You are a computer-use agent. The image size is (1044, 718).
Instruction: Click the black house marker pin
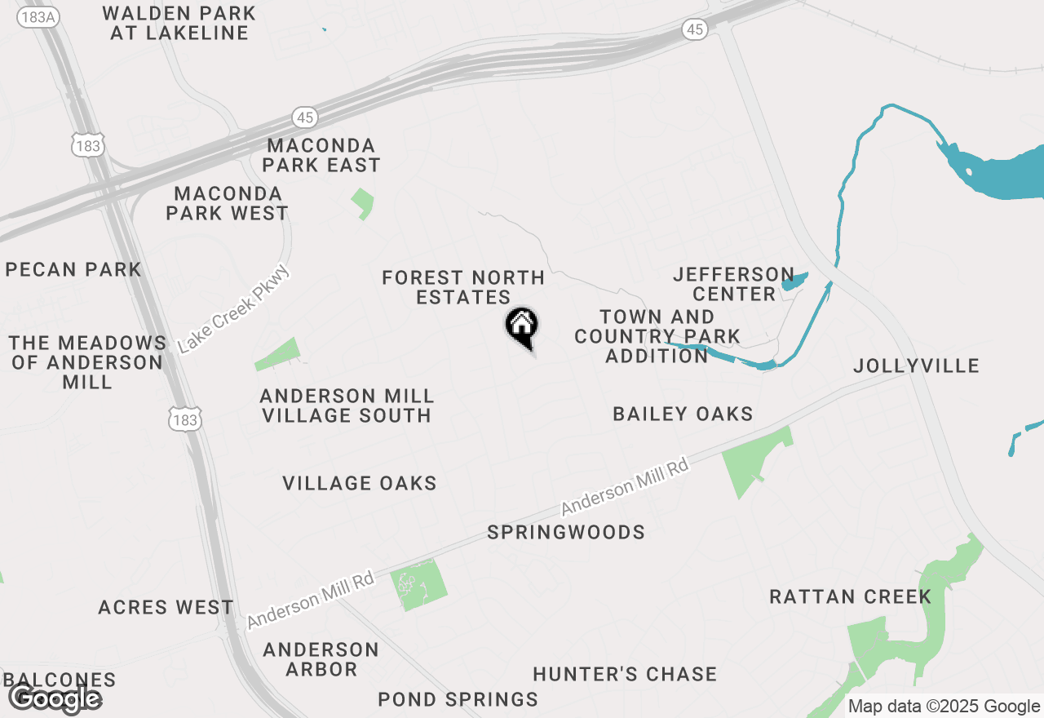point(522,326)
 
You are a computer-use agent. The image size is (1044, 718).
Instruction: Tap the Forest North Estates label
point(463,288)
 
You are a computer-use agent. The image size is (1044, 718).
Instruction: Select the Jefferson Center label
point(734,284)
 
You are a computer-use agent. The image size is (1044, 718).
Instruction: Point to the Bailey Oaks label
point(683,414)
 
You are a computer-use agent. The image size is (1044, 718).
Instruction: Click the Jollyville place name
point(916,366)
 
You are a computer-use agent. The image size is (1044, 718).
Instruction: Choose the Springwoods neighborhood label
point(566,533)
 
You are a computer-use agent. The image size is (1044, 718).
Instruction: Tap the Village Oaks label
point(360,484)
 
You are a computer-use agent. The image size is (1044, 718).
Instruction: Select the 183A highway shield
point(38,16)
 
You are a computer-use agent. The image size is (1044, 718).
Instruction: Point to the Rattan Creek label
point(850,596)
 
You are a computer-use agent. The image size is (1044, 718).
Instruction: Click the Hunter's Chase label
point(625,674)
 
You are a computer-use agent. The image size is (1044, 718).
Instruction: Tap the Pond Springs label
point(458,699)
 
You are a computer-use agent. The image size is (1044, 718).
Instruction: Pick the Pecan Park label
point(73,269)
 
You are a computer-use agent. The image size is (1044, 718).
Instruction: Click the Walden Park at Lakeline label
point(179,24)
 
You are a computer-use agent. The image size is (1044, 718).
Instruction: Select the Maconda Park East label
point(323,155)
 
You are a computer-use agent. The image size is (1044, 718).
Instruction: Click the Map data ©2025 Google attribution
point(944,707)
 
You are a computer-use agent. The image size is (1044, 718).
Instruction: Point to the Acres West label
point(166,608)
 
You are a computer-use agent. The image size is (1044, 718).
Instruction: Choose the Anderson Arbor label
point(321,659)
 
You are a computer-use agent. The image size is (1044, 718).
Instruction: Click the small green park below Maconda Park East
point(363,203)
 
